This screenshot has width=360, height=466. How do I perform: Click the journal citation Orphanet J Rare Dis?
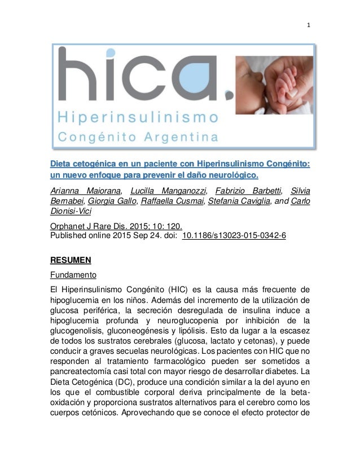(x=88, y=227)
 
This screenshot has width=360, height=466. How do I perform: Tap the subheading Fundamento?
(x=73, y=275)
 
